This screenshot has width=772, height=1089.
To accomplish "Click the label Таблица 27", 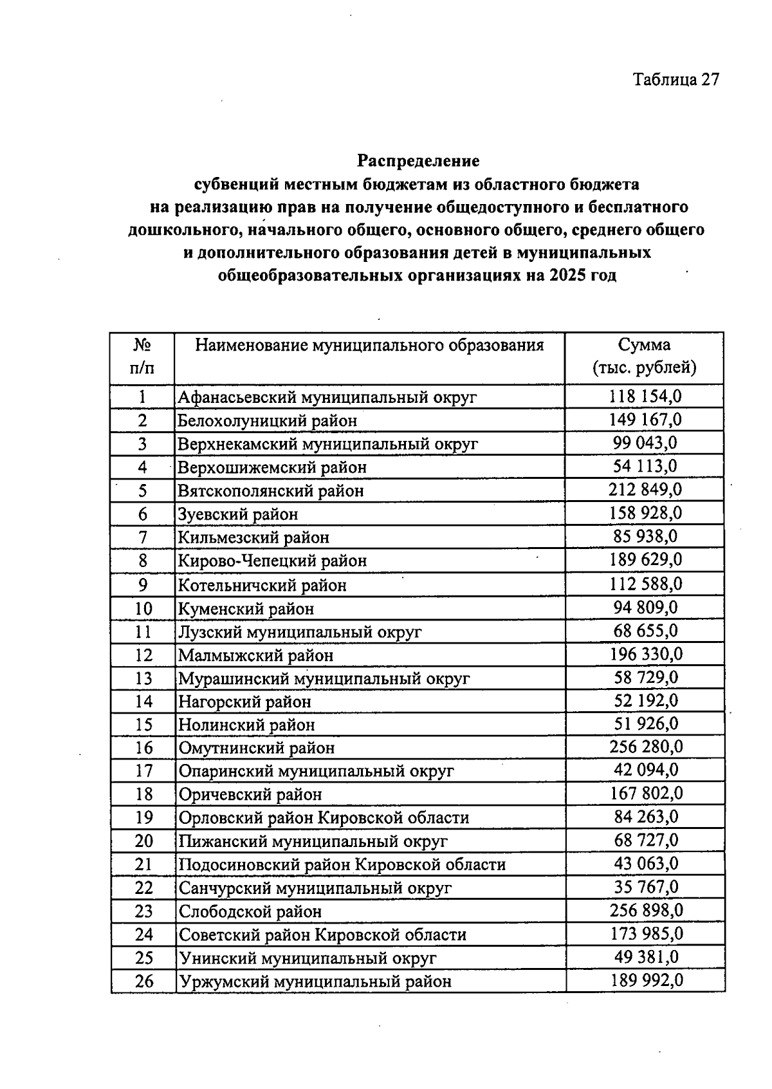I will pyautogui.click(x=675, y=79).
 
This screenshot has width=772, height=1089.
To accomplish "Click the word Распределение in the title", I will pyautogui.click(x=418, y=160).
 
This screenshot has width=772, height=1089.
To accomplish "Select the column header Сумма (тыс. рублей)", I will pyautogui.click(x=644, y=357).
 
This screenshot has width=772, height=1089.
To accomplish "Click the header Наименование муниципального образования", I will pyautogui.click(x=369, y=346).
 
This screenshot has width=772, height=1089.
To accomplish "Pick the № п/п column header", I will pyautogui.click(x=142, y=357).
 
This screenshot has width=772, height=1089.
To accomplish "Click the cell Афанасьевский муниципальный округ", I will pyautogui.click(x=327, y=397).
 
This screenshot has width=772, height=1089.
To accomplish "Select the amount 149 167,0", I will pyautogui.click(x=645, y=420).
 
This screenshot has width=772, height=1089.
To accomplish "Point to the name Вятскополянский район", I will pyautogui.click(x=271, y=491).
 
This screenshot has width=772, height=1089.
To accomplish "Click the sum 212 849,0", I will pyautogui.click(x=645, y=490).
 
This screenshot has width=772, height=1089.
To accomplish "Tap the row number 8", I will pyautogui.click(x=143, y=561).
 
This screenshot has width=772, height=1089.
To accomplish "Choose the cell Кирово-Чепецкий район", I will pyautogui.click(x=272, y=561).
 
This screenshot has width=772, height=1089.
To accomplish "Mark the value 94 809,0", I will pyautogui.click(x=645, y=607).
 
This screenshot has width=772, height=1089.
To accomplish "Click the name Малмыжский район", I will pyautogui.click(x=255, y=655).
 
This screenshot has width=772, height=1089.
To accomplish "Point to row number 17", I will pyautogui.click(x=143, y=770).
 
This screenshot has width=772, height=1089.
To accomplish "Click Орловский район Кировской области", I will pyautogui.click(x=324, y=818).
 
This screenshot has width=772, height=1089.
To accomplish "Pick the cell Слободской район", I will pyautogui.click(x=250, y=911).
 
